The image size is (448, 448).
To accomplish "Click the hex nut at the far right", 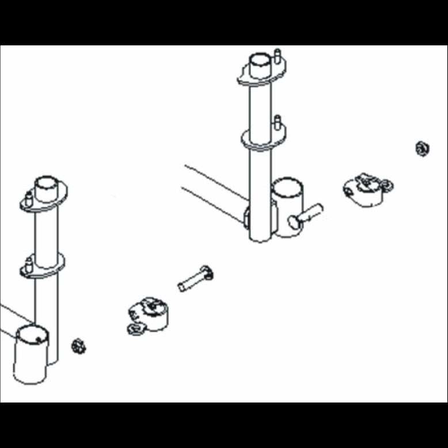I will point(422,149).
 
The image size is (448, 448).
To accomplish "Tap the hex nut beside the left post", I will point(78,346).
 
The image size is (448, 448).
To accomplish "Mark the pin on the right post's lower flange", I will point(277,122).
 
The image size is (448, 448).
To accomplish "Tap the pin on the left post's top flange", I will point(28,199).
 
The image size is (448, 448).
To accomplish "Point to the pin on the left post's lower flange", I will point(27,265).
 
